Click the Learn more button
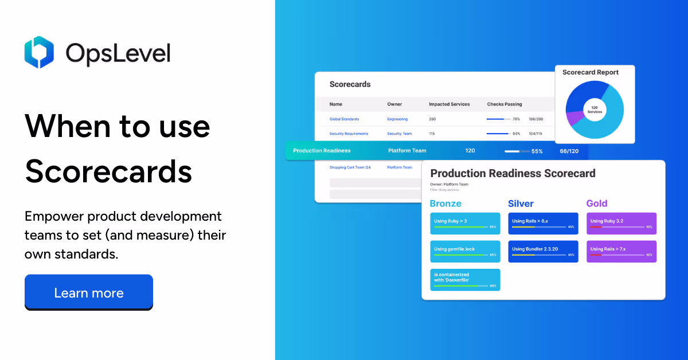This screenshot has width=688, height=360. [x=89, y=293]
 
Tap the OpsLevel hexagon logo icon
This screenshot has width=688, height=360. [x=39, y=52]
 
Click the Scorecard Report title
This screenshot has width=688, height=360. [x=590, y=72]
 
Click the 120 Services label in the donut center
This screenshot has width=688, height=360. [x=595, y=109]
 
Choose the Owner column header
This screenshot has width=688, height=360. [x=394, y=104]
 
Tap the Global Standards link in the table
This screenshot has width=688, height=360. [x=344, y=119]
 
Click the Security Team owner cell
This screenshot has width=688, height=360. [x=399, y=134]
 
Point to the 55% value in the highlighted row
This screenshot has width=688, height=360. [x=537, y=151]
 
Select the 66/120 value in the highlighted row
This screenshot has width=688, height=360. [x=569, y=151]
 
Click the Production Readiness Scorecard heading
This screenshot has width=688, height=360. [x=513, y=173]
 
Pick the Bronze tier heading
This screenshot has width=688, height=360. [x=445, y=204]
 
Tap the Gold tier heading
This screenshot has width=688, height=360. [x=597, y=204]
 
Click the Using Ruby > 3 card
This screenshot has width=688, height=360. [x=465, y=224]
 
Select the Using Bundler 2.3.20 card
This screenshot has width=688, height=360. [x=543, y=252]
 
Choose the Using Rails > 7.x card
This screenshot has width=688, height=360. [x=621, y=252]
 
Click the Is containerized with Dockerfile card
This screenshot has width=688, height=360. [x=465, y=280]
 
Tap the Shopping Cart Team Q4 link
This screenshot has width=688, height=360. [x=350, y=167]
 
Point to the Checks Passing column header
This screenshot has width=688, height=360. [x=505, y=104]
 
